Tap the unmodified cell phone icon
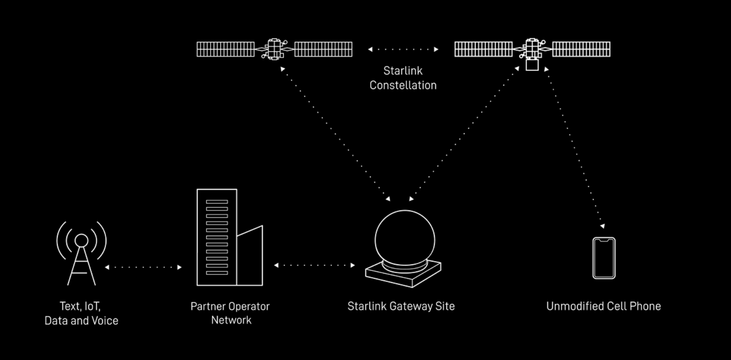click(604, 258)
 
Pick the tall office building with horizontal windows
click(217, 237)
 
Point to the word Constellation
click(403, 85)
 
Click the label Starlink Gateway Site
click(401, 306)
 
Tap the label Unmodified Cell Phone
click(604, 306)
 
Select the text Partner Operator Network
click(230, 313)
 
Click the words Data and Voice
click(82, 320)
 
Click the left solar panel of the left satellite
click(225, 49)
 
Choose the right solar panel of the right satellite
click(581, 49)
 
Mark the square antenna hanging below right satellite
click(532, 65)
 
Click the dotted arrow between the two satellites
click(403, 49)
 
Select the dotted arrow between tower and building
click(143, 267)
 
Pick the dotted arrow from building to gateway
click(314, 265)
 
